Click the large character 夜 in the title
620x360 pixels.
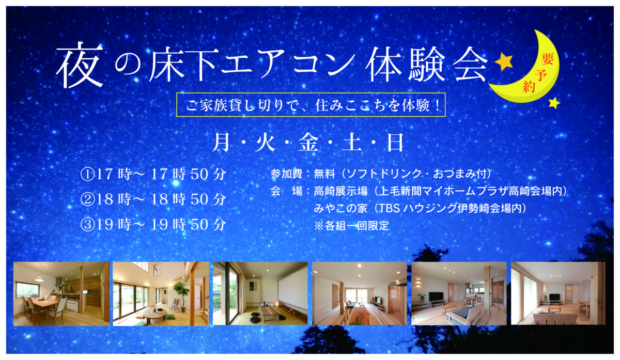80,65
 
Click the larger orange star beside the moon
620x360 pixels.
504,61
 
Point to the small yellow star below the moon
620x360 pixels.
554,103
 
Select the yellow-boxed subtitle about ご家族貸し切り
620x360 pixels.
311,105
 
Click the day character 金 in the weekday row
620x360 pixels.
308,143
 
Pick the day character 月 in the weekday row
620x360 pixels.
222,143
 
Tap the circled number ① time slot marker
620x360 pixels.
87,175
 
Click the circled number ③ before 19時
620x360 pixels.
87,224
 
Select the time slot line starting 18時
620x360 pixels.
153,199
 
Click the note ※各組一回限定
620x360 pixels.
351,226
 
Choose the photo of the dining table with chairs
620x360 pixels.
61,294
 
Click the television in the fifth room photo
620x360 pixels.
436,296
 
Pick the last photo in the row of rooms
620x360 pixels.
558,293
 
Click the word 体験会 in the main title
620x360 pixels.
426,66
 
